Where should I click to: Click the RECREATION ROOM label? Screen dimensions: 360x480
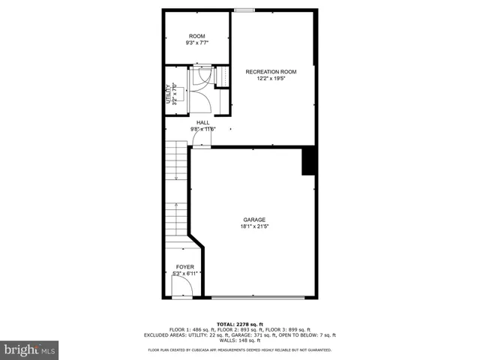[x=271, y=72]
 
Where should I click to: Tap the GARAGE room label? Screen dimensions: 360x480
[x=253, y=220]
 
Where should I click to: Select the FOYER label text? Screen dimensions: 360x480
[x=184, y=267]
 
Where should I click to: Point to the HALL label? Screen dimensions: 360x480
[x=203, y=122]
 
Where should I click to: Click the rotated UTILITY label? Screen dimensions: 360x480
[x=168, y=94]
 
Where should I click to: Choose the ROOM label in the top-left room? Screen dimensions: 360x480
[x=196, y=36]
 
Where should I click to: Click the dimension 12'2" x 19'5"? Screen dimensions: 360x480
[x=271, y=78]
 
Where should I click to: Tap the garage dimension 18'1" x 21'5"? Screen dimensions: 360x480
[x=253, y=226]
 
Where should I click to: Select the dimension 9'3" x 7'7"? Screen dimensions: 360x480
[x=196, y=43]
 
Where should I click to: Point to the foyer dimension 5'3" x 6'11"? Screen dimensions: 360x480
[x=184, y=273]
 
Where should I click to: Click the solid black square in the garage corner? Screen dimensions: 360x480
[x=307, y=161]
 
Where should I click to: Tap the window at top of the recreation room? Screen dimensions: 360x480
[x=244, y=10]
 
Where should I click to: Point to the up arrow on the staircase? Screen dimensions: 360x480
[x=176, y=208]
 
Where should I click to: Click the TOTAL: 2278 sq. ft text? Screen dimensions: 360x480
[x=240, y=323]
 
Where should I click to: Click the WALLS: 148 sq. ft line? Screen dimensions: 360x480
[x=240, y=340]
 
